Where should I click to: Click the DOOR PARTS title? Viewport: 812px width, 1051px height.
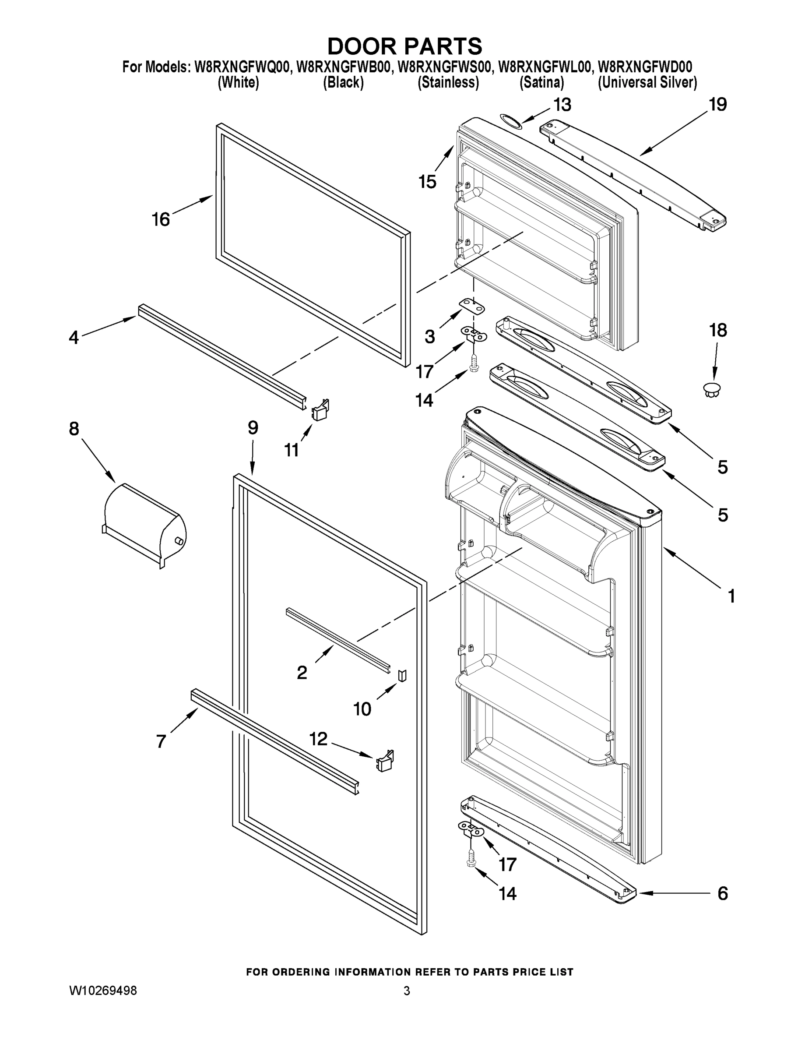point(404,47)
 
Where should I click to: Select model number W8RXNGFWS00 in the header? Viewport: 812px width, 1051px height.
point(443,67)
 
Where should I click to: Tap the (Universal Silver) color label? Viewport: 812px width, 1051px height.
point(647,83)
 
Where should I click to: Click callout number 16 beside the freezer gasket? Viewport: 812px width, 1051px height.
point(161,220)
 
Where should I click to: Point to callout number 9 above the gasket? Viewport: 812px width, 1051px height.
point(253,428)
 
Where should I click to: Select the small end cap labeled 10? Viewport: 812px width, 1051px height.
point(402,675)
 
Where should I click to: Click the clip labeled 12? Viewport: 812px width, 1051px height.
point(385,762)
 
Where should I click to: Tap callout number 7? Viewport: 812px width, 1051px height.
point(161,741)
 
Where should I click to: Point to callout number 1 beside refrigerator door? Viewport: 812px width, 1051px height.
point(731,596)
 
